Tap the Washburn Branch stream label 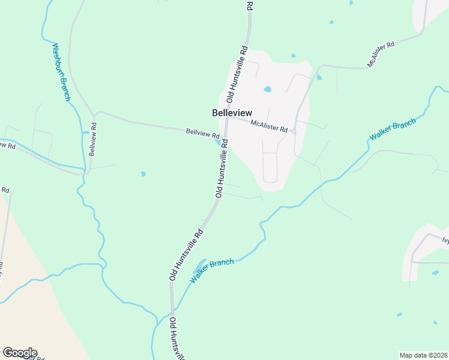coord(61,72)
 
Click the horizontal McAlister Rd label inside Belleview coord(269,127)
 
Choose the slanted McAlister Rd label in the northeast coord(381,55)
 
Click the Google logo coord(20,353)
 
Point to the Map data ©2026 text coord(424,355)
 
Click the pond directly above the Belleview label coord(267,90)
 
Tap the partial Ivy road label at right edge coord(445,241)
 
